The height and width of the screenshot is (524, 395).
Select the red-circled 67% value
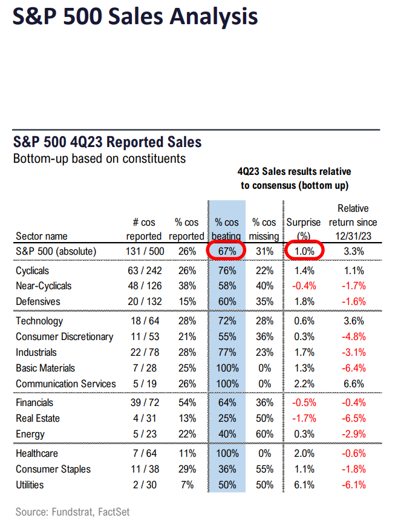click(x=227, y=251)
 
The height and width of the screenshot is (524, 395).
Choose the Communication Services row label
click(x=66, y=384)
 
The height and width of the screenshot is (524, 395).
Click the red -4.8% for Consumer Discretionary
click(x=353, y=336)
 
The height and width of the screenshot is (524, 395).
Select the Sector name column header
click(x=42, y=236)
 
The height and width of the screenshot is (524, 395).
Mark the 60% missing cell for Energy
click(x=264, y=434)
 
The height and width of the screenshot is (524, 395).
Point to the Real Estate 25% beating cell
click(x=227, y=418)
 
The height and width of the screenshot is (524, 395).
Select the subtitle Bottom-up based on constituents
click(x=99, y=159)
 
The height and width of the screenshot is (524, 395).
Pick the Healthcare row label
click(x=38, y=453)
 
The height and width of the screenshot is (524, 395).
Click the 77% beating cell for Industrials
click(x=227, y=352)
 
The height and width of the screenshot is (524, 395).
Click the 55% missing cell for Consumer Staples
click(x=264, y=468)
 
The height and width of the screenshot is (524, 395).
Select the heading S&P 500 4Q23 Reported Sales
click(x=107, y=142)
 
